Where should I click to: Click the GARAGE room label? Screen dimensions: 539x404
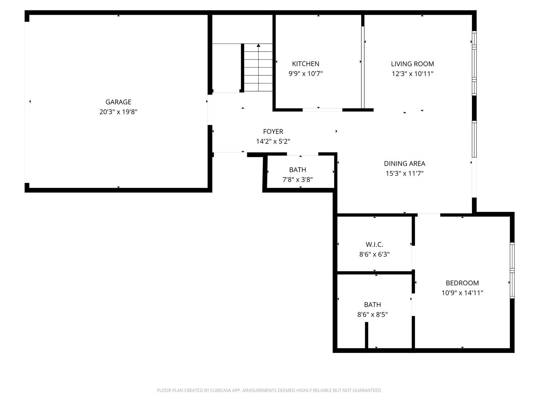point(118,102)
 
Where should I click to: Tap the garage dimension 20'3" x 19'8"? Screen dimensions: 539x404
point(118,112)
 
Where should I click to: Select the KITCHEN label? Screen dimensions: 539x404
point(306,64)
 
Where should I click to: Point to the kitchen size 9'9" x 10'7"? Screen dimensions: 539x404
point(306,74)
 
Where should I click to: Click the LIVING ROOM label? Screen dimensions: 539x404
point(412,64)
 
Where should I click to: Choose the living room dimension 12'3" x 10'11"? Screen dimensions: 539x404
point(412,74)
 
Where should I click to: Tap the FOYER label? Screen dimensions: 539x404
point(273,132)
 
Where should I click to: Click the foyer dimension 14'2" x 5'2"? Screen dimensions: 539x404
point(273,141)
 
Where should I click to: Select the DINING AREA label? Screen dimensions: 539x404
point(405,164)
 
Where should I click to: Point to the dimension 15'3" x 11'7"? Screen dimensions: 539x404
point(405,173)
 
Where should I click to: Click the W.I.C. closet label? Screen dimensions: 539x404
point(374,244)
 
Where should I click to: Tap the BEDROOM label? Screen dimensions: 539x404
point(462,283)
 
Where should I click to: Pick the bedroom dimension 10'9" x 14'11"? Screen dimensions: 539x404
point(462,293)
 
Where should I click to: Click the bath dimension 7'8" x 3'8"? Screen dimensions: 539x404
point(297,179)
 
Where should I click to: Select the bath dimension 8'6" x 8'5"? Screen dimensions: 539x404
point(372,314)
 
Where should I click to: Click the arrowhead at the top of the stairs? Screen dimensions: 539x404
point(258,45)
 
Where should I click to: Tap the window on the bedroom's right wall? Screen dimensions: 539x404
point(512,270)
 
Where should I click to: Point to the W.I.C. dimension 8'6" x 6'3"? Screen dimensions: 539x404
point(374,254)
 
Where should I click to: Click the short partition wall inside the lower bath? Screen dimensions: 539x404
point(367,335)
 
